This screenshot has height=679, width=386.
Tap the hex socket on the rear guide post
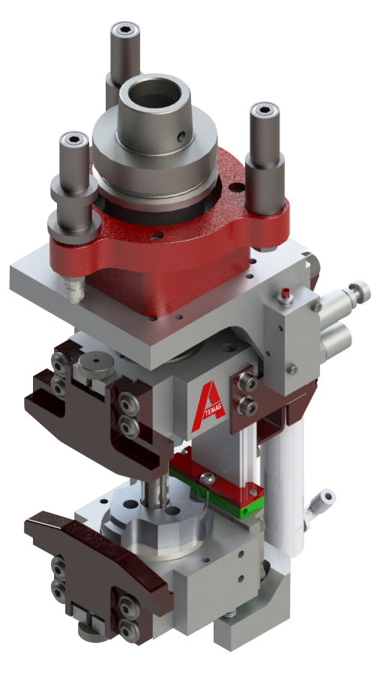125,31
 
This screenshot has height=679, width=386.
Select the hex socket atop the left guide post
73,140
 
